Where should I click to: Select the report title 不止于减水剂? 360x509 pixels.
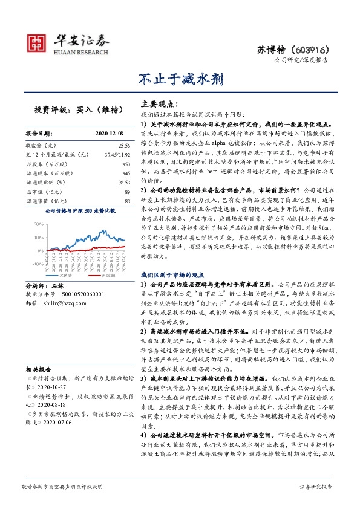[180, 79]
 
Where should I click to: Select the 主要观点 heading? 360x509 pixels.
[158, 103]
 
